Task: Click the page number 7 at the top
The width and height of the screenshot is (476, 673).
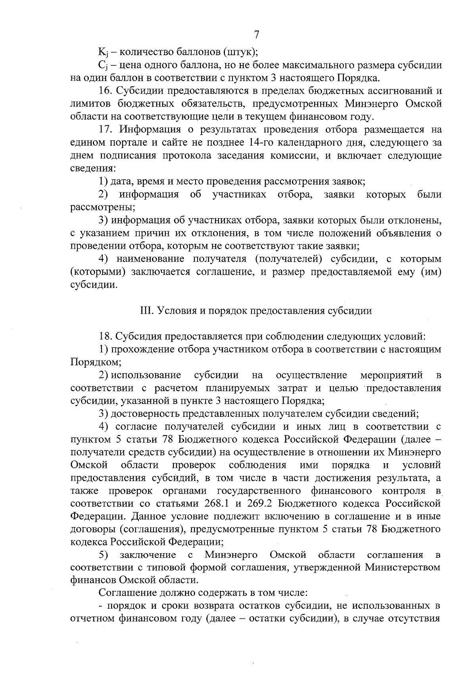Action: [x=256, y=35]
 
